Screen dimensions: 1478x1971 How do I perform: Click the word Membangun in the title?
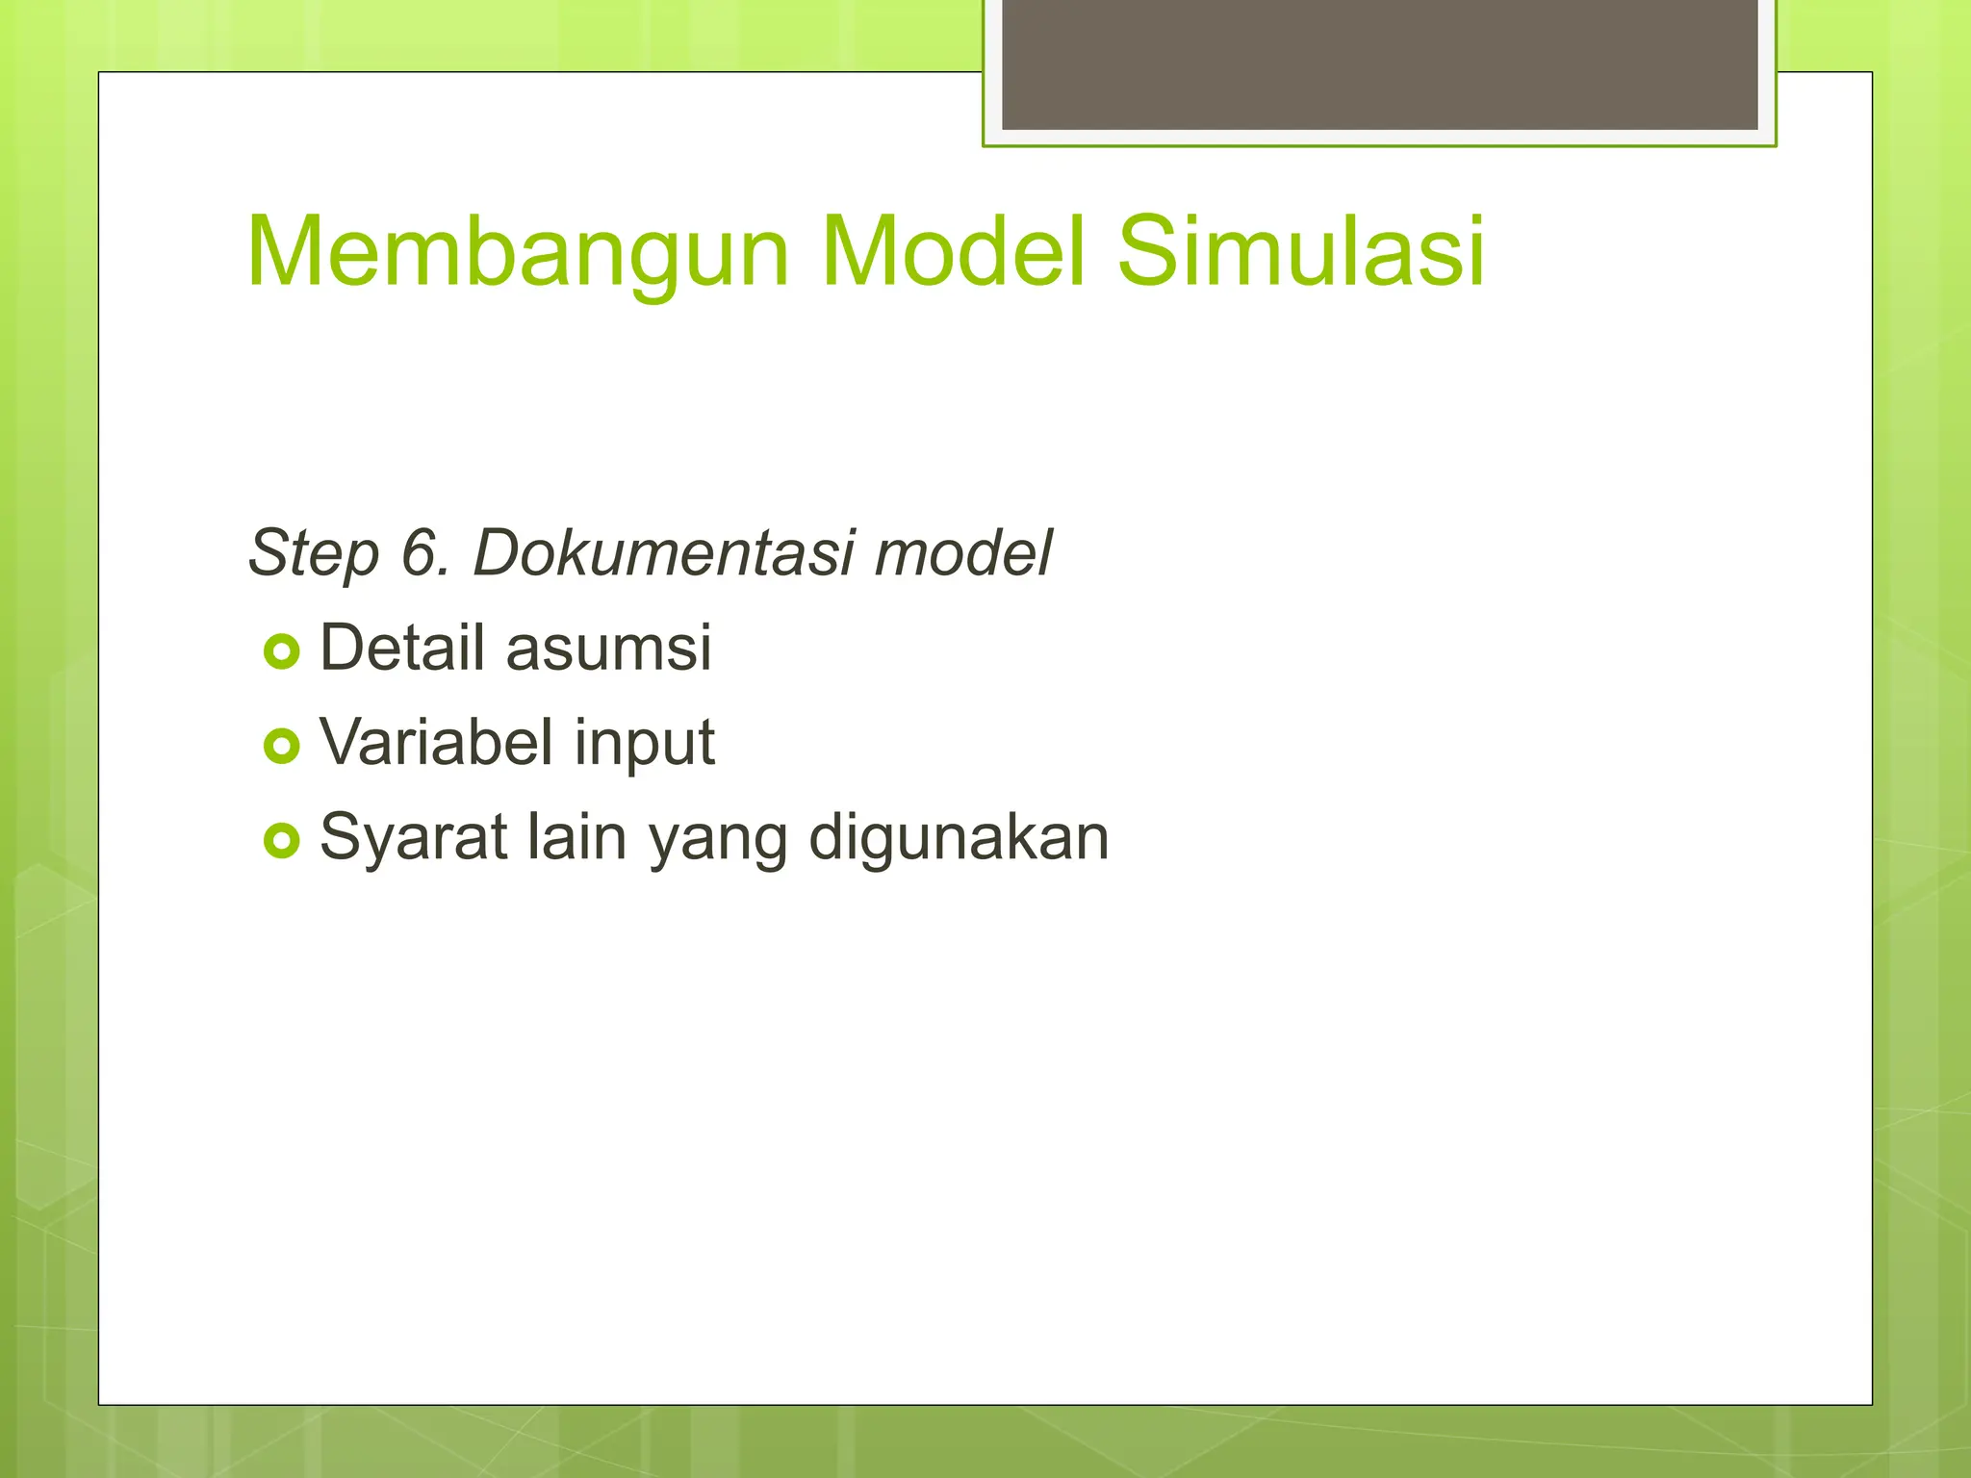[518, 252]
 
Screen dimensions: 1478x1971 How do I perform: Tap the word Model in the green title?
[953, 252]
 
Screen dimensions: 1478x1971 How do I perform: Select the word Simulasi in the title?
[1301, 252]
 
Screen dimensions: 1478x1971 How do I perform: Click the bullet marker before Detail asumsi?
[281, 652]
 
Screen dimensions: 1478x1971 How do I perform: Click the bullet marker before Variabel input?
[281, 746]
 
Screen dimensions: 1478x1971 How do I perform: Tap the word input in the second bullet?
[645, 744]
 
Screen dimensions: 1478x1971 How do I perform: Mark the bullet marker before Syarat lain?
[281, 841]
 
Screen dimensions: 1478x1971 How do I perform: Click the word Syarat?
[414, 837]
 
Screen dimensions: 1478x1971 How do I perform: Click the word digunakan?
[959, 838]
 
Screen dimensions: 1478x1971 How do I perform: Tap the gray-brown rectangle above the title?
[1379, 64]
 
